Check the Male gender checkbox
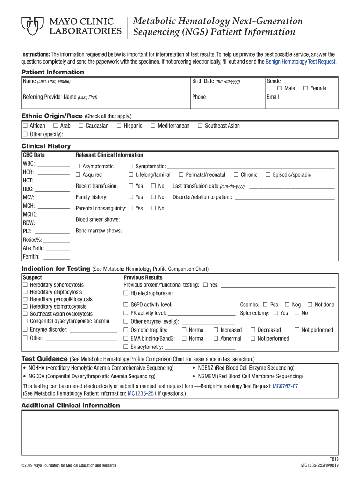[x=279, y=88]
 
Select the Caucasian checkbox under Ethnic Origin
[x=81, y=126]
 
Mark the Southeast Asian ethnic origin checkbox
[x=200, y=126]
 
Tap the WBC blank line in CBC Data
[x=53, y=165]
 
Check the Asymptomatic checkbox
[x=78, y=167]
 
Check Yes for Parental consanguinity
[x=131, y=209]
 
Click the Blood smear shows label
[x=97, y=219]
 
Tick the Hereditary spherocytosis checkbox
[x=25, y=285]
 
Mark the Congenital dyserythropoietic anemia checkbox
[x=25, y=321]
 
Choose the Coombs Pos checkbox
[x=265, y=305]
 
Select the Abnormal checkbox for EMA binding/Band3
[x=216, y=339]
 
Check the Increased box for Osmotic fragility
[x=216, y=330]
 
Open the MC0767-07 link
[x=285, y=386]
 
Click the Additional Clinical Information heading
[x=71, y=406]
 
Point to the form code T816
[x=334, y=459]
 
